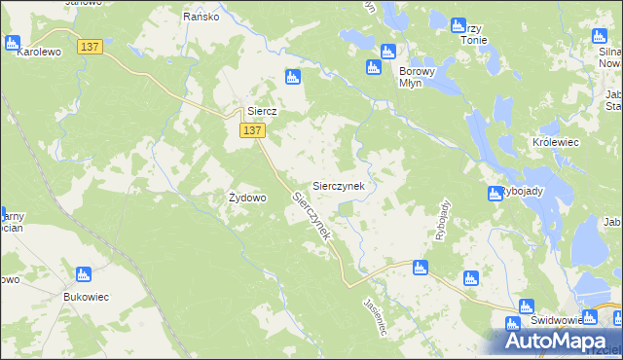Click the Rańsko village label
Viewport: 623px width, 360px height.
(x=202, y=17)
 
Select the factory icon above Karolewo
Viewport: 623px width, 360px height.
(x=13, y=43)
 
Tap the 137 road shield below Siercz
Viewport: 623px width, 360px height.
(x=251, y=130)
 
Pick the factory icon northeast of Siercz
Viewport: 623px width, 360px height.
(x=292, y=77)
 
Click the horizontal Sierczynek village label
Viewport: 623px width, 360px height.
(x=338, y=185)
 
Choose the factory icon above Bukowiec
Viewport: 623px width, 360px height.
(x=84, y=274)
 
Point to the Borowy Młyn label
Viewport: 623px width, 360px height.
(x=421, y=77)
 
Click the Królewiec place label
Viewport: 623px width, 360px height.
(x=556, y=142)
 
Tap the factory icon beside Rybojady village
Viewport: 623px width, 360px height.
(x=495, y=194)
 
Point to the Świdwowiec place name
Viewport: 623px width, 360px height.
(x=557, y=320)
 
